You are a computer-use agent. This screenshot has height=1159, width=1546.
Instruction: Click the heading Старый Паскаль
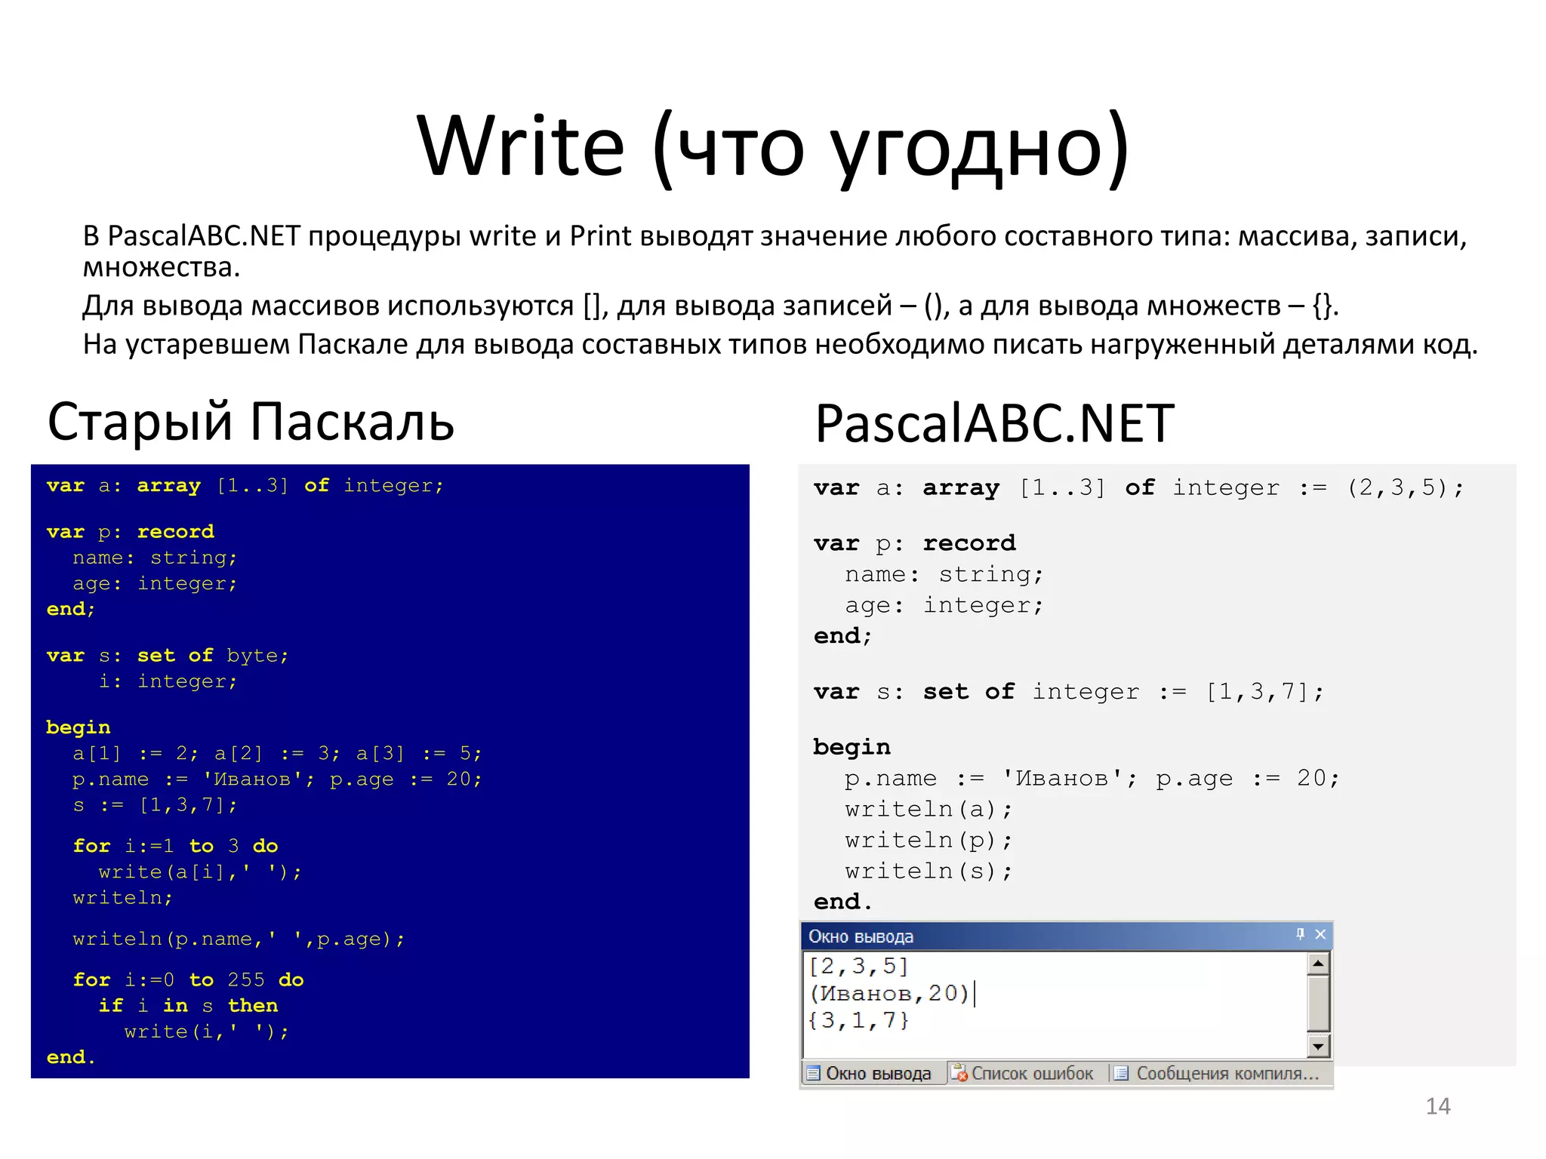pos(251,421)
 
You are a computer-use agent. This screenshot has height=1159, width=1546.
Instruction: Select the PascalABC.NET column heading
pos(994,423)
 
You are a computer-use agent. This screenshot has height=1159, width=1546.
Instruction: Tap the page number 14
pos(1437,1106)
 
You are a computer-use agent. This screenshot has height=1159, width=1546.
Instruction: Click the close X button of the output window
pos(1320,935)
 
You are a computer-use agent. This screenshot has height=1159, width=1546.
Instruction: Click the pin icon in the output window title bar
pos(1300,935)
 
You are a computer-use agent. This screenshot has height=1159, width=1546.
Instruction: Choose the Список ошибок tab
pos(1024,1074)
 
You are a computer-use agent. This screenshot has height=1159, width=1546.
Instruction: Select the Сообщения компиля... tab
pos(1218,1074)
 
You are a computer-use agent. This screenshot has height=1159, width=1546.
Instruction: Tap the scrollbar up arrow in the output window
pos(1318,964)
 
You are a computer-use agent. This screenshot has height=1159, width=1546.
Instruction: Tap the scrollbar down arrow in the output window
pos(1318,1046)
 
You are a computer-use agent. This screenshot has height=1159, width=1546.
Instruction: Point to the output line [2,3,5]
pos(858,966)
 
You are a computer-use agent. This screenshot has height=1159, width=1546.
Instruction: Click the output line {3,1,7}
pos(858,1021)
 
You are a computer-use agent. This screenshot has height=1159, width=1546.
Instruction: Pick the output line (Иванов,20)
pos(889,993)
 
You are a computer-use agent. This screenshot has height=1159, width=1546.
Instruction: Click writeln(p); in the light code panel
pos(928,841)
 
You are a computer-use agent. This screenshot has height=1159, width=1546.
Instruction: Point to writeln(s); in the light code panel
pos(928,872)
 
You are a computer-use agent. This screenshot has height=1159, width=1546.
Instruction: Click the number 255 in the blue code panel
pos(246,980)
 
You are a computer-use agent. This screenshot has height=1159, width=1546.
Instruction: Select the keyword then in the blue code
pos(253,1006)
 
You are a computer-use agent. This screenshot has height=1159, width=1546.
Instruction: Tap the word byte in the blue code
pos(252,656)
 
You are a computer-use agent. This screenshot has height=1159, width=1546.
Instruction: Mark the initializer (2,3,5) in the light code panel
pos(1397,488)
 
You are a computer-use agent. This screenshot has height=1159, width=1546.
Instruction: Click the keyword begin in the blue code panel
pos(78,727)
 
